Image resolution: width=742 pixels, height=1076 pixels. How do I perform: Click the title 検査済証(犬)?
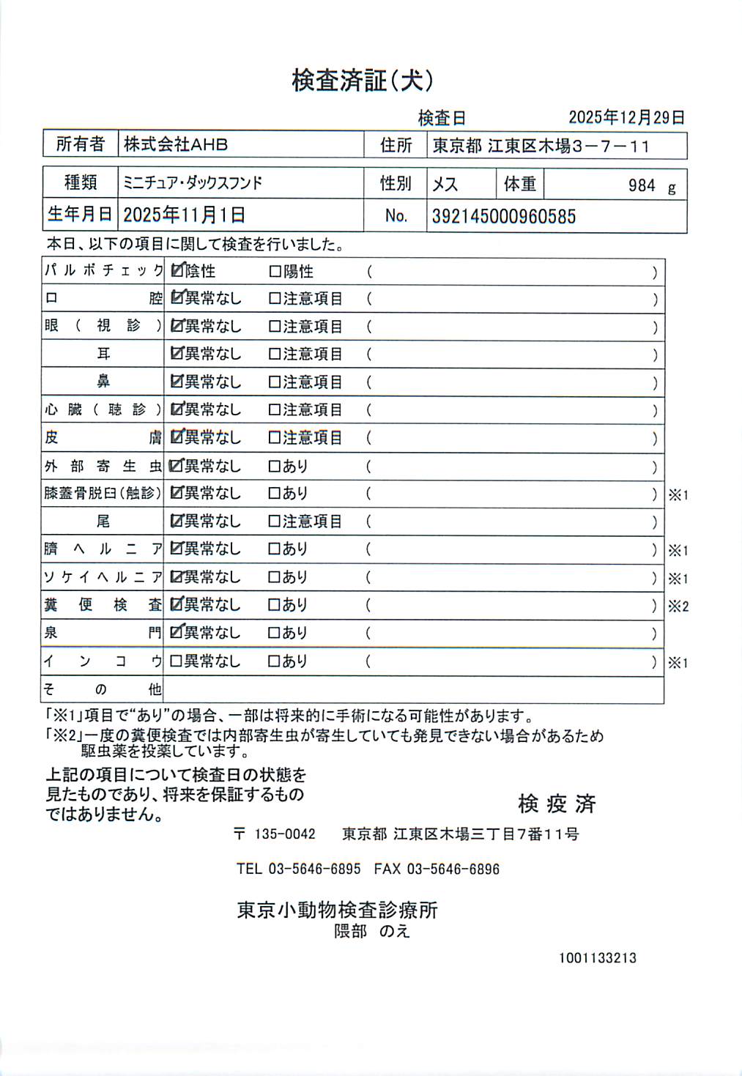point(363,81)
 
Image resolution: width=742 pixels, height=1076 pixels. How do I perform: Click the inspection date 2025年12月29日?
point(626,117)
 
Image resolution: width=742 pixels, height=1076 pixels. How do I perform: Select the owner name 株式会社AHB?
point(176,144)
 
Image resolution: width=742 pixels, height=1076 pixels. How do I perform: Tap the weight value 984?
point(642,185)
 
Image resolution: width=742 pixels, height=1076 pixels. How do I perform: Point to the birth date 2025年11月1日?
point(184,215)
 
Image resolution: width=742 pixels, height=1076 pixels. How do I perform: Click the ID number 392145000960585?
point(503,216)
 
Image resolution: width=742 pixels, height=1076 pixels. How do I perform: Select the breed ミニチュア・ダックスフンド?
point(193,182)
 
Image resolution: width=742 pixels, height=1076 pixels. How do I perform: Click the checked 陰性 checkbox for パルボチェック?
point(177,271)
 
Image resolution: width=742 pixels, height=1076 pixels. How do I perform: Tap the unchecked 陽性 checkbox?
point(275,272)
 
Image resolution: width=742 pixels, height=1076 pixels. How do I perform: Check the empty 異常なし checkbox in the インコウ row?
point(176,661)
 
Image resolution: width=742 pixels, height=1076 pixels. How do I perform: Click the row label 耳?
point(103,354)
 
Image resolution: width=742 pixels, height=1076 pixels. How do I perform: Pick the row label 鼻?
point(103,382)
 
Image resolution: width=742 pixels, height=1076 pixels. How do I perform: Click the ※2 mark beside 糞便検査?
point(678,606)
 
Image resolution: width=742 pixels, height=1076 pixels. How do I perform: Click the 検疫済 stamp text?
point(557,804)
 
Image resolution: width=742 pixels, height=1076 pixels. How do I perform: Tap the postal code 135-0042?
point(284,834)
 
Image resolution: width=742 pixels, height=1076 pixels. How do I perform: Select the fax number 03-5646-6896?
point(453,869)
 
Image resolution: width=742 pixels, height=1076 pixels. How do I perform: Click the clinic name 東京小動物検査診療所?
point(337,910)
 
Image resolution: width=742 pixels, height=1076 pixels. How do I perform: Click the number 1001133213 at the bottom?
point(597,957)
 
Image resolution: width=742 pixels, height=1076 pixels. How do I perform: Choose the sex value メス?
point(445,184)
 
